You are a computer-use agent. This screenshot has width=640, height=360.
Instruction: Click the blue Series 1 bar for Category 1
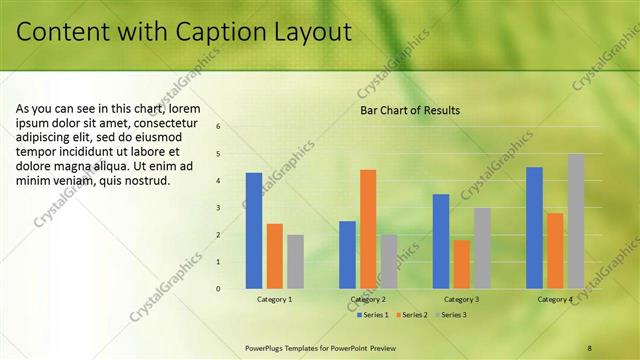(254, 230)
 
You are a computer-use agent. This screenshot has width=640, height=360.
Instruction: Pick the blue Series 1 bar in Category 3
(441, 240)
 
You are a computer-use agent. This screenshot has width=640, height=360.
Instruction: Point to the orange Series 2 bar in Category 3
(461, 264)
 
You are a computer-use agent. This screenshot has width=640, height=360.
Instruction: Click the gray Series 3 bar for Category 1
(295, 261)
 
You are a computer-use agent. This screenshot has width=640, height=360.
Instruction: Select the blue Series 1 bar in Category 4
(534, 227)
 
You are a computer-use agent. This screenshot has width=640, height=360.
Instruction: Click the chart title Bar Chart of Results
(410, 110)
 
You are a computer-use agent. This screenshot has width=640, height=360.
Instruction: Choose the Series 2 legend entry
(410, 315)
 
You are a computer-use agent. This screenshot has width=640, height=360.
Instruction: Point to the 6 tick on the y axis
(219, 127)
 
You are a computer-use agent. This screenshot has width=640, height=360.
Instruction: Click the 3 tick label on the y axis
(219, 208)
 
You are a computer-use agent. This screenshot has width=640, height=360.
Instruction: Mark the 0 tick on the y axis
(219, 289)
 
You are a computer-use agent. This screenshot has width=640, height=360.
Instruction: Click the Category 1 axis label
(274, 299)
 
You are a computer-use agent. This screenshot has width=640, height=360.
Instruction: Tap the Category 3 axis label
(461, 299)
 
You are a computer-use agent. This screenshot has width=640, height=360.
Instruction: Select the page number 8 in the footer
(590, 347)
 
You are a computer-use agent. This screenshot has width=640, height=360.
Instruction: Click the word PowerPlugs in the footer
(266, 347)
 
